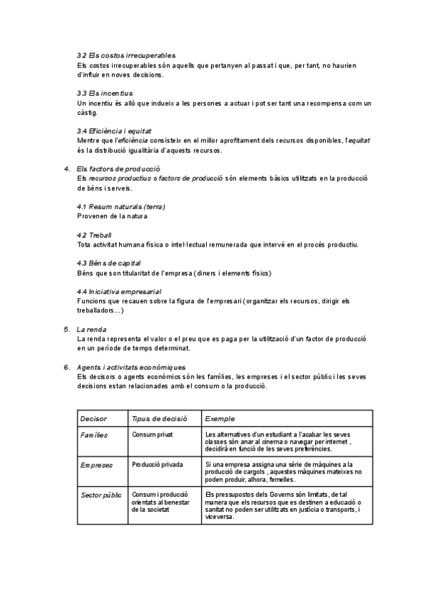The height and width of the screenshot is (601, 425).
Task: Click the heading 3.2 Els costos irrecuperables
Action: click(126, 55)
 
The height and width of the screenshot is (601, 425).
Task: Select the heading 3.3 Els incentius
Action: click(104, 94)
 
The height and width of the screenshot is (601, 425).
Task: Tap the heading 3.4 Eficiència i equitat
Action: click(113, 131)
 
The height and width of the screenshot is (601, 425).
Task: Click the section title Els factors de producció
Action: click(118, 169)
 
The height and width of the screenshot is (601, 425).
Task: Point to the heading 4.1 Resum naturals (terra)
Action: click(120, 206)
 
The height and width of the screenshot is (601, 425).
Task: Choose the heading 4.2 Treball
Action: click(94, 235)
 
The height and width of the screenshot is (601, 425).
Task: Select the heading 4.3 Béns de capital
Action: click(109, 263)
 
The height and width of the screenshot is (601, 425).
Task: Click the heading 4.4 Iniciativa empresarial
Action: click(118, 291)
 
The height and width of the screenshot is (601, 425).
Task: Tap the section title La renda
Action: click(92, 329)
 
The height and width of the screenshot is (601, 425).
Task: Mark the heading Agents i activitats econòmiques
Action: click(131, 367)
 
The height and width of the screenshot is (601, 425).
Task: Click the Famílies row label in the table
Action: click(94, 434)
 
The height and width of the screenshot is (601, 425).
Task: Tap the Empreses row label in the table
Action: click(97, 465)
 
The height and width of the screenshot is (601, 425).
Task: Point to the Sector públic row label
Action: click(101, 494)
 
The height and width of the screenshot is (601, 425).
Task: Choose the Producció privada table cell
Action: click(157, 465)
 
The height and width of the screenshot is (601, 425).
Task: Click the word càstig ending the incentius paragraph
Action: click(88, 113)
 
